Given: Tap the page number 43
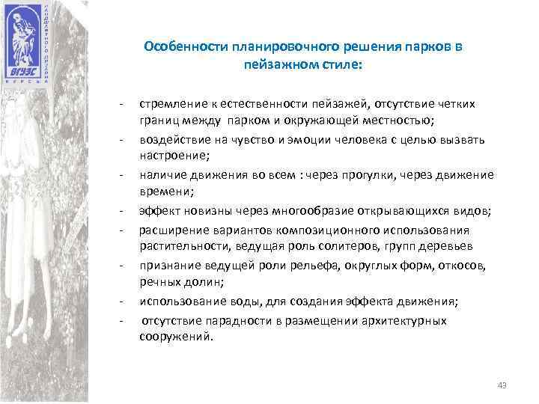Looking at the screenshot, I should point(502,385).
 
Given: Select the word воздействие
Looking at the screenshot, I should point(171,140).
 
